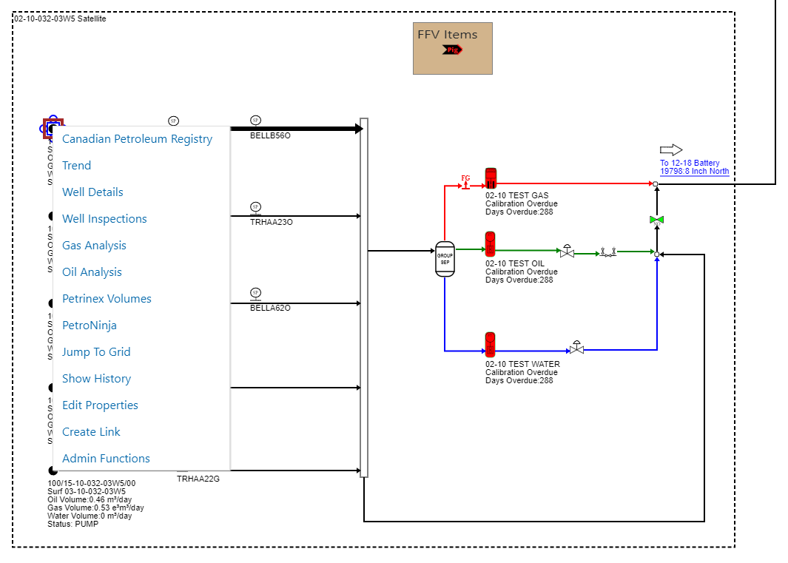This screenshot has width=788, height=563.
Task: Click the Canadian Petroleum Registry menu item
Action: click(137, 139)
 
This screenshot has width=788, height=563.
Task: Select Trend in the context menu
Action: click(77, 166)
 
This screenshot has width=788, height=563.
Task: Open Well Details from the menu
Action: click(92, 192)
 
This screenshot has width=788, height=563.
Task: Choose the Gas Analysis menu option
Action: click(94, 246)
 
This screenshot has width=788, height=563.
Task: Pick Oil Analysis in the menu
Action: click(92, 272)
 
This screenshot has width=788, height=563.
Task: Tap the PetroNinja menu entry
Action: click(90, 326)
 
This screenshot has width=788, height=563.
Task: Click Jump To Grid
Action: click(96, 352)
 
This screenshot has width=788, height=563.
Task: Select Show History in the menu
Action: click(96, 379)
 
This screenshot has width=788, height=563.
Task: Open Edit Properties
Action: click(100, 405)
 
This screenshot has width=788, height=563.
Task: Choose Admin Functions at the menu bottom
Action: click(106, 459)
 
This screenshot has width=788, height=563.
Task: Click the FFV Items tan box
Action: click(452, 48)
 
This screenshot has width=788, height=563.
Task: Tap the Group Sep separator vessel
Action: click(445, 259)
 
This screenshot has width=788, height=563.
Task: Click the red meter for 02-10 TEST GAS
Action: click(491, 179)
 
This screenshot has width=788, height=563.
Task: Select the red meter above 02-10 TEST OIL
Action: click(490, 244)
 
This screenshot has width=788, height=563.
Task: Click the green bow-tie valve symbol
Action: click(656, 220)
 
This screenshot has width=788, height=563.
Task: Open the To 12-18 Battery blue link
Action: click(694, 167)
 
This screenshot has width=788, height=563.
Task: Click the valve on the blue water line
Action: click(577, 348)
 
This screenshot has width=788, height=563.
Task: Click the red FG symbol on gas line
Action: click(465, 182)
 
